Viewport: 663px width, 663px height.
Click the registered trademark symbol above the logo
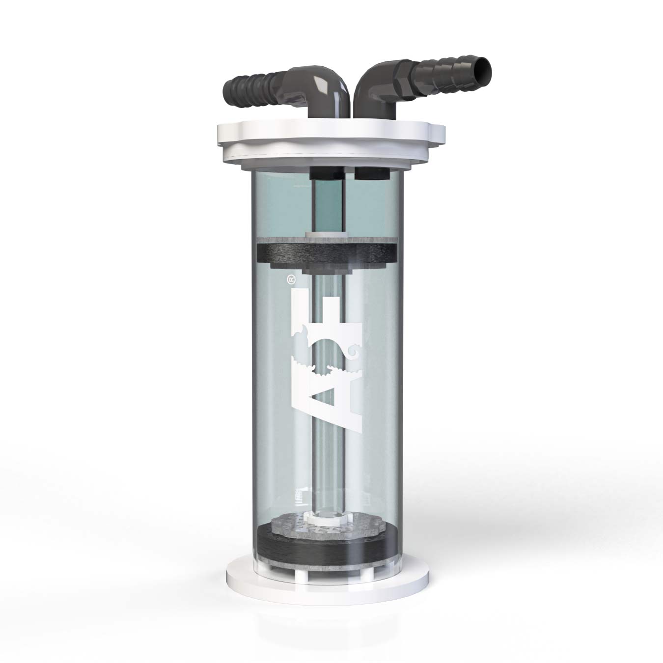pos(290,279)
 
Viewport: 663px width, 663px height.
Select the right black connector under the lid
pos(372,173)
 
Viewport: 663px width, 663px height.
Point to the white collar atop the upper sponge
pos(327,236)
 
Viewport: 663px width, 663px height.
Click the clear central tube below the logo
pos(327,471)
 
